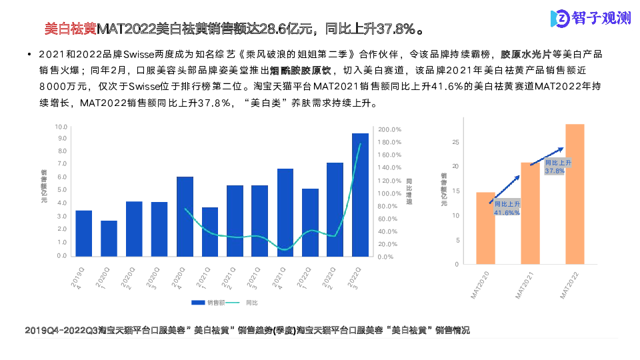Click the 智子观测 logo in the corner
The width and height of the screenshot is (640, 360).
point(590,19)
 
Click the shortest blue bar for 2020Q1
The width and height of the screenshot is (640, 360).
point(109,239)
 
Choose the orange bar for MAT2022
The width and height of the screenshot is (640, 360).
point(575,194)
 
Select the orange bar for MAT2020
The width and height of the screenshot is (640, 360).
point(485,237)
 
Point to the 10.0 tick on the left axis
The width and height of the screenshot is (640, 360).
point(61,127)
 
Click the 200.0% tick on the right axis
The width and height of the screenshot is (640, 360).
point(389,130)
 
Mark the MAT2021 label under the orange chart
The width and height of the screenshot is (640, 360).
point(527,283)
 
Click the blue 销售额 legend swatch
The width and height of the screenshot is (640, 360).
point(198,302)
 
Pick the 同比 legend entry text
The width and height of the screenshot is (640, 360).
point(252,302)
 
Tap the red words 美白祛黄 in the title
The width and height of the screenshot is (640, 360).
point(70,29)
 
